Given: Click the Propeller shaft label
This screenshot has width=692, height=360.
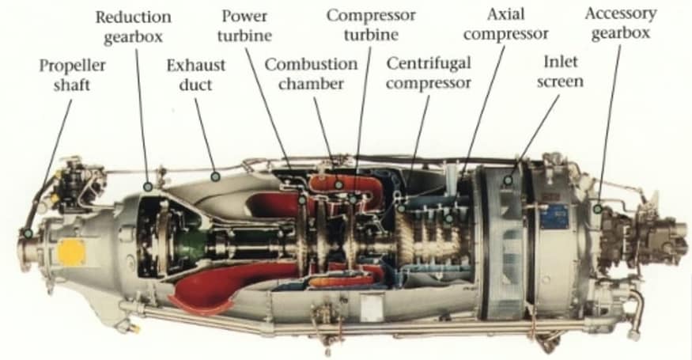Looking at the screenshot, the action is point(73,74).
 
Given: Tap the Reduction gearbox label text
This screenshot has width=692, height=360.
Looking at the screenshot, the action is point(134,26).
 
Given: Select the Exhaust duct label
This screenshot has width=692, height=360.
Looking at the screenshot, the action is point(196,74).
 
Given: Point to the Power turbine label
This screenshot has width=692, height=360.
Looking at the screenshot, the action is point(244,25).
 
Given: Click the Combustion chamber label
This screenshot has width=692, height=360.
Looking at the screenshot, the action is point(311,74).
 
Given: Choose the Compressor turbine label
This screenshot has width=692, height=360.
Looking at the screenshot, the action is point(371,25).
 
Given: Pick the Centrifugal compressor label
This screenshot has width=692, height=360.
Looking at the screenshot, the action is point(429,73).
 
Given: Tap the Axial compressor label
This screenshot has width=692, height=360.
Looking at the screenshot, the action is point(506,24).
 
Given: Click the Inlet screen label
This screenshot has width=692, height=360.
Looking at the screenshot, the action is point(560,71).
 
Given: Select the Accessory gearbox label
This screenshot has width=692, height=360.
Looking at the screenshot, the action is point(621,24).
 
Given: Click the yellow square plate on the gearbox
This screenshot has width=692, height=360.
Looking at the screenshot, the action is point(71,252).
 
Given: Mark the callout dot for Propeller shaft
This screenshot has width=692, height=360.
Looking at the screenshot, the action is point(28,233).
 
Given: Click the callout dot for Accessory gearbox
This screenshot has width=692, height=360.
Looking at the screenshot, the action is point(598,209).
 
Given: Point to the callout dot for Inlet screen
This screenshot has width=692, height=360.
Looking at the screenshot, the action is point(509,180).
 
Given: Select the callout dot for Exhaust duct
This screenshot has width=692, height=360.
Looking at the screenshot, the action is point(215,177).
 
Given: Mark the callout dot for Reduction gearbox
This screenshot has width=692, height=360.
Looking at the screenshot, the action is point(149,187).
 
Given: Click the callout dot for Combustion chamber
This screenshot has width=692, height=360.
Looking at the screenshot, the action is point(338,184).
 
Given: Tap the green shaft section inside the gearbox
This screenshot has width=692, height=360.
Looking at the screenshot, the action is point(190,245).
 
